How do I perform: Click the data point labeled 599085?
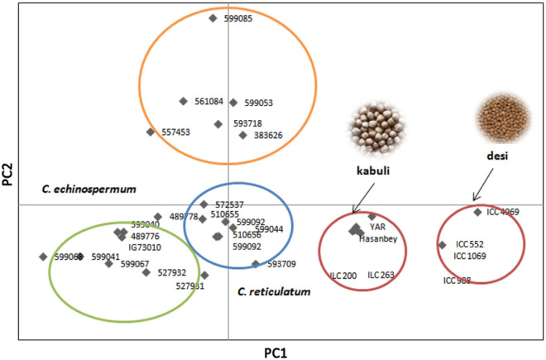click(213, 17)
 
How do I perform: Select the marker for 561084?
click(183, 101)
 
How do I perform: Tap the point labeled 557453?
click(150, 132)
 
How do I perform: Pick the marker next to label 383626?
click(242, 135)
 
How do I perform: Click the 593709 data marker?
click(256, 265)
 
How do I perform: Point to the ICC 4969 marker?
click(477, 212)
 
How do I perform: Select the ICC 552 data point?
click(442, 244)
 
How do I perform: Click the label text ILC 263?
click(381, 276)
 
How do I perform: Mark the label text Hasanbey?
click(378, 239)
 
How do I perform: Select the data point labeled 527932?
click(146, 272)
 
